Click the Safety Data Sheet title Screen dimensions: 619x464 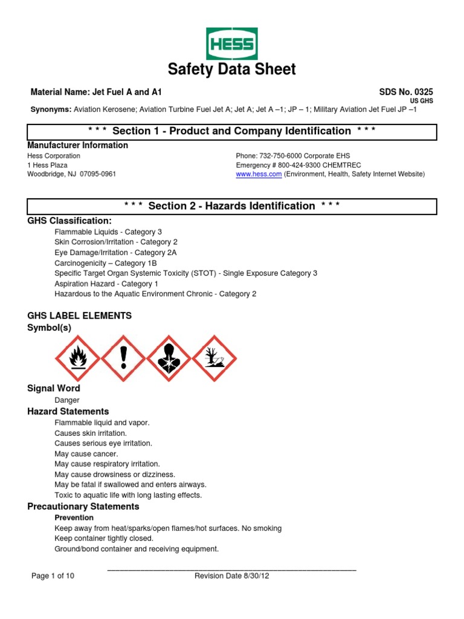point(232,70)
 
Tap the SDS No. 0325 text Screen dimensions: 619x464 point(406,92)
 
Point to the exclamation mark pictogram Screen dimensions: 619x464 point(124,358)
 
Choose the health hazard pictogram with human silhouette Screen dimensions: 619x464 point(170,358)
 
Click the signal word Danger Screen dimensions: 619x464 point(67,400)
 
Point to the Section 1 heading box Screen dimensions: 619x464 point(232,131)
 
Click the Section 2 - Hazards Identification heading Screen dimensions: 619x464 point(232,206)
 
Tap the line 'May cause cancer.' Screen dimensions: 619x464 point(86,453)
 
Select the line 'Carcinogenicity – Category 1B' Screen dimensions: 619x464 point(106,263)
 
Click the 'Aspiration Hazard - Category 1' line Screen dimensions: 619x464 point(106,284)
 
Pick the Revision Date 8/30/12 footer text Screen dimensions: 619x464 point(231,576)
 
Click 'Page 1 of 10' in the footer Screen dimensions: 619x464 point(53,576)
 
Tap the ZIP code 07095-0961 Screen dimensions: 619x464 point(95,174)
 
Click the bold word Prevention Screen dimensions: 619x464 point(74,517)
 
